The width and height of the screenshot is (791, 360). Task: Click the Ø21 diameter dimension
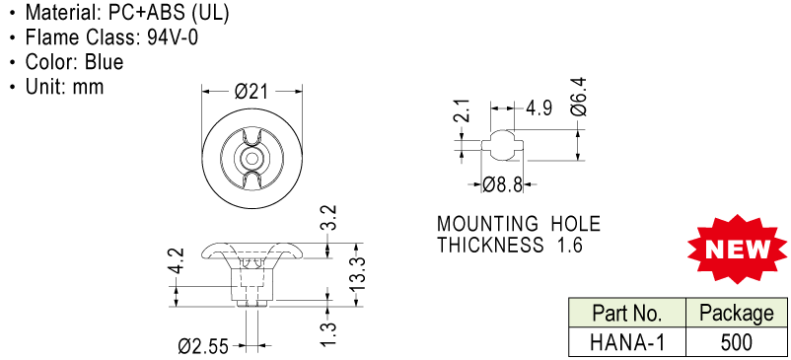(252, 92)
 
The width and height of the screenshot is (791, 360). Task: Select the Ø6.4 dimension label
(580, 97)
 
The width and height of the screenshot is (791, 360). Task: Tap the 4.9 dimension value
(539, 108)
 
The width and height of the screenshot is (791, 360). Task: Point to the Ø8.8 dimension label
(502, 185)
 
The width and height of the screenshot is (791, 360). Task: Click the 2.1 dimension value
(465, 110)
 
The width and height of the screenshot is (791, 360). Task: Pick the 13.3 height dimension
(357, 274)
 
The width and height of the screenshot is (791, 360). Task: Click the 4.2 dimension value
(177, 261)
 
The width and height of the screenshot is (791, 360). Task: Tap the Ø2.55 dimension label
(203, 347)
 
